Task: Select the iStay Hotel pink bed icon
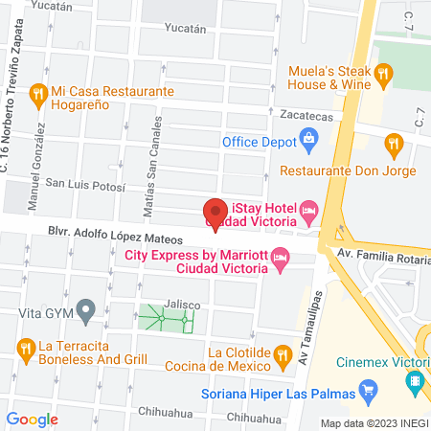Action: click(308, 209)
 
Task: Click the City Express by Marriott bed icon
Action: click(280, 256)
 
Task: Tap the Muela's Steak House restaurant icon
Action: click(383, 73)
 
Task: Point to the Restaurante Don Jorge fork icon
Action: click(392, 145)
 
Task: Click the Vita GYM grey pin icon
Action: click(85, 310)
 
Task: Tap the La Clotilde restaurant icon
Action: click(282, 356)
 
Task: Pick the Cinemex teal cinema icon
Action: click(415, 382)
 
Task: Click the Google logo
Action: click(33, 419)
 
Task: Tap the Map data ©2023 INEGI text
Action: click(374, 423)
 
